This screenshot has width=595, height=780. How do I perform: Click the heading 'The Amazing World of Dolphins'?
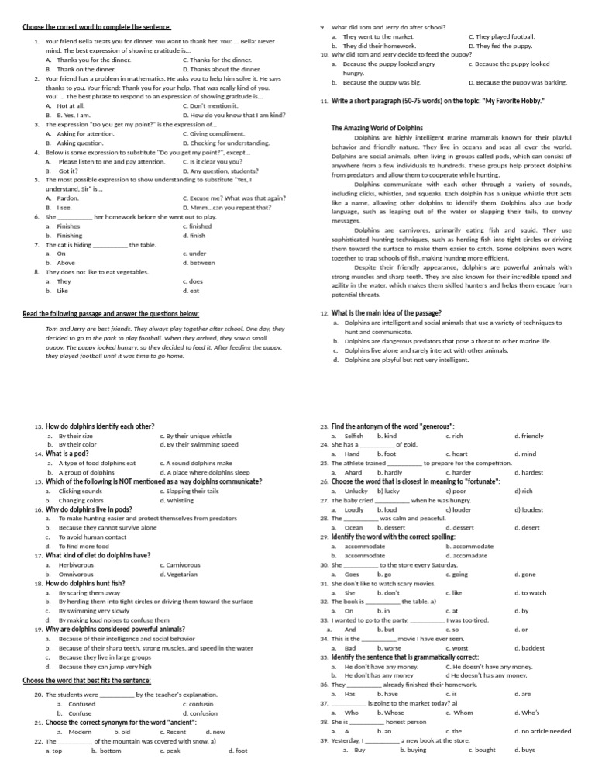click(x=377, y=127)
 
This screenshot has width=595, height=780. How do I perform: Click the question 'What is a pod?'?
click(x=67, y=454)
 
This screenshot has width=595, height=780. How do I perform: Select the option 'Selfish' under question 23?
click(x=353, y=436)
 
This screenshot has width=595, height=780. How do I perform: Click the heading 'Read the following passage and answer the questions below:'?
click(x=111, y=313)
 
